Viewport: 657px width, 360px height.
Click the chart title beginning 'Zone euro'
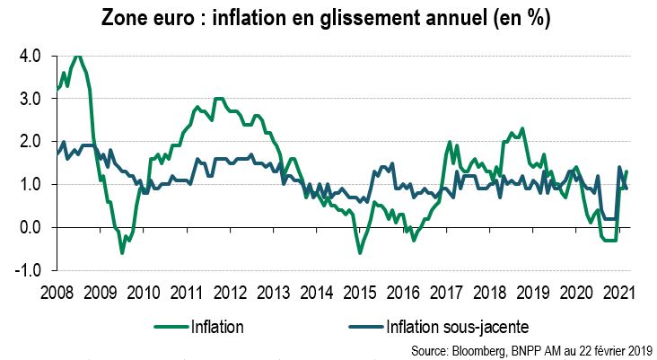pos(327,18)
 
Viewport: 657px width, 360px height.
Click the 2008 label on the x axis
pos(57,293)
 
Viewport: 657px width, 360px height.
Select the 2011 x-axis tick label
pos(186,293)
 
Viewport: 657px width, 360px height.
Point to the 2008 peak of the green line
pos(78,56)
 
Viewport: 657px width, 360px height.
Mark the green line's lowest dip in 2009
pos(122,253)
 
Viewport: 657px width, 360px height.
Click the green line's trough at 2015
pos(360,253)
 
